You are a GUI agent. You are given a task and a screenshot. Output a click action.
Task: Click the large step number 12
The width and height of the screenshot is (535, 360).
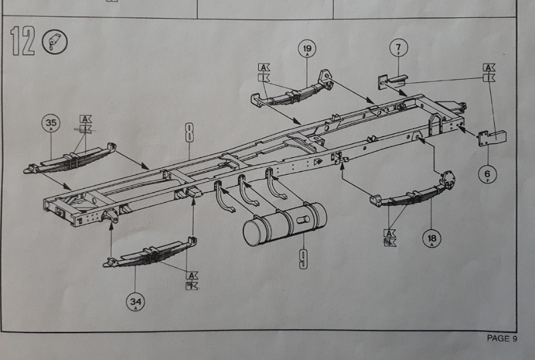coord(23,43)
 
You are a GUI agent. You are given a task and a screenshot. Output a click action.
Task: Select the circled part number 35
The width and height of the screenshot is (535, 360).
coord(51,123)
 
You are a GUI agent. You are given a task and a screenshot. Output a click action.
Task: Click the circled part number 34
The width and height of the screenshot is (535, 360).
coord(136,301)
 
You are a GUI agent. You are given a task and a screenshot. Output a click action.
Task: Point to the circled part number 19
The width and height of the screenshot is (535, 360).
coord(307,49)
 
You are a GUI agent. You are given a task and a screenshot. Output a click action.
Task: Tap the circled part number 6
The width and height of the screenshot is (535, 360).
coord(488,173)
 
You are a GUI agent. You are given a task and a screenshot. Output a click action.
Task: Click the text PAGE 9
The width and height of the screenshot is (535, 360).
coord(502,339)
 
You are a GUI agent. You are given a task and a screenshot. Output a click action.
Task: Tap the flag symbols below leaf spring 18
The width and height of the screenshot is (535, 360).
coord(389,238)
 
